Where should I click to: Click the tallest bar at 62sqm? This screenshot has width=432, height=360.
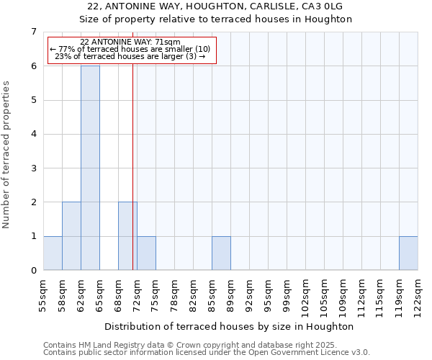[90, 168]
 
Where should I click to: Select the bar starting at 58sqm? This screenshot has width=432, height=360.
[71, 236]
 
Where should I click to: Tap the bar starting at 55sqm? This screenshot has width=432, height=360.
[53, 253]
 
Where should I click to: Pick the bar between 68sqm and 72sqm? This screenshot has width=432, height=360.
[127, 236]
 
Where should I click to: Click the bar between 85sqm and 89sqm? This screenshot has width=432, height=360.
[221, 253]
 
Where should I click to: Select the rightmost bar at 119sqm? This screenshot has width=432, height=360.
[408, 253]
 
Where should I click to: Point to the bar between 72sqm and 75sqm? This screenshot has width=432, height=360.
[146, 253]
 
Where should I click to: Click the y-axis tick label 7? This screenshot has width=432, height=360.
[33, 32]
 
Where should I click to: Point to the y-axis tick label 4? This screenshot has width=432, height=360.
[33, 134]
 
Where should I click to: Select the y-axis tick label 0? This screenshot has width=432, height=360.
[33, 271]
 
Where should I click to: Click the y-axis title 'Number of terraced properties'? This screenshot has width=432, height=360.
[6, 154]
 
